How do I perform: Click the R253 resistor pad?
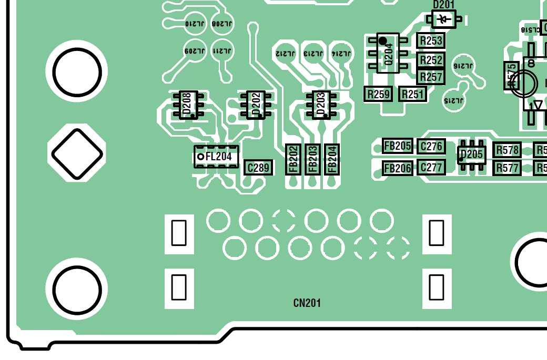pyautogui.click(x=431, y=40)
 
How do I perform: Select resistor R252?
pyautogui.click(x=431, y=60)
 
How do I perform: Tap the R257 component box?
pyautogui.click(x=431, y=77)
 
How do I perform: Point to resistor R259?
pyautogui.click(x=378, y=94)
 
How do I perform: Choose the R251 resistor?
pyautogui.click(x=412, y=94)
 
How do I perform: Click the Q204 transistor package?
pyautogui.click(x=388, y=53)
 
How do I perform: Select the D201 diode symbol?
pyautogui.click(x=445, y=19)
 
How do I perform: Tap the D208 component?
pyautogui.click(x=188, y=105)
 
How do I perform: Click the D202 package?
pyautogui.click(x=256, y=105)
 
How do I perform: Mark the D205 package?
pyautogui.click(x=471, y=155)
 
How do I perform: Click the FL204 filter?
pyautogui.click(x=217, y=156)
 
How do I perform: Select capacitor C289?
pyautogui.click(x=259, y=168)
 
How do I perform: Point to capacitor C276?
pyautogui.click(x=431, y=146)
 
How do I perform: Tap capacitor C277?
pyautogui.click(x=431, y=168)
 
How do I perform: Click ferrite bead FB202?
pyautogui.click(x=293, y=159)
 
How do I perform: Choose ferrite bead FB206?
pyautogui.click(x=397, y=168)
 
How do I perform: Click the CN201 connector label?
pyautogui.click(x=307, y=303)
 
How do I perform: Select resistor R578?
pyautogui.click(x=508, y=150)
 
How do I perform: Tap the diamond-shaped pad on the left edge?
pyautogui.click(x=76, y=153)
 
